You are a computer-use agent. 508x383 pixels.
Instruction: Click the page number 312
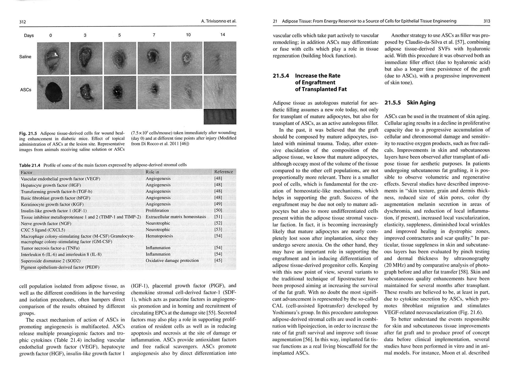click(x=23, y=22)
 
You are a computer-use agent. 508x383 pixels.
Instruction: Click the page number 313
click(x=486, y=21)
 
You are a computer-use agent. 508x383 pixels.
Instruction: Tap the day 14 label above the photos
click(x=223, y=35)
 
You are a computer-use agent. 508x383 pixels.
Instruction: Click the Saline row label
click(x=25, y=57)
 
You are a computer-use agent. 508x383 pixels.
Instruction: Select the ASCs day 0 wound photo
click(x=53, y=93)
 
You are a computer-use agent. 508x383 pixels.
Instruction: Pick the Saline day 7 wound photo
click(x=154, y=58)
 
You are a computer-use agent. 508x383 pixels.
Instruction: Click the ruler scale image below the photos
click(x=220, y=117)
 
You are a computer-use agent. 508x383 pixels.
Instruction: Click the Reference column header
click(x=223, y=172)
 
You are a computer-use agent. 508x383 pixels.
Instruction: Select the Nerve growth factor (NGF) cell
click(x=46, y=223)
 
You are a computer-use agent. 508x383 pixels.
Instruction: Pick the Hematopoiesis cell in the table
click(x=159, y=236)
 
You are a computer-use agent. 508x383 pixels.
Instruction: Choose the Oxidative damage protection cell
click(x=172, y=261)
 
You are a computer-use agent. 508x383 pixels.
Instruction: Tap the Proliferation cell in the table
click(x=157, y=210)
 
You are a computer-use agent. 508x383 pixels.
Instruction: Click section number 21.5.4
click(x=281, y=76)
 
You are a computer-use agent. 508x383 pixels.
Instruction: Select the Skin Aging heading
click(x=421, y=103)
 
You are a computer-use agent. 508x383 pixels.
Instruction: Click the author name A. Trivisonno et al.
click(x=219, y=21)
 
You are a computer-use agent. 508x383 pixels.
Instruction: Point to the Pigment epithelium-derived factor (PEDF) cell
click(x=60, y=267)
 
